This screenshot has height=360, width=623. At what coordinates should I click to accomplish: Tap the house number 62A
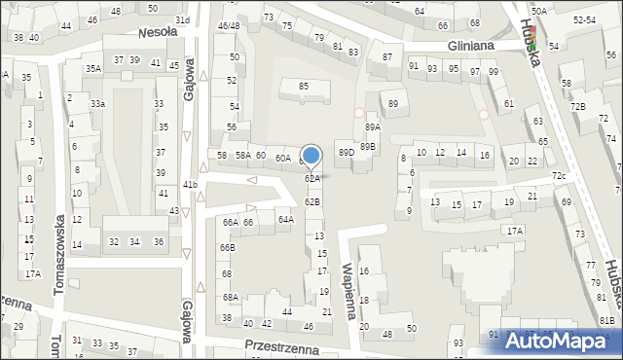pos(311,179)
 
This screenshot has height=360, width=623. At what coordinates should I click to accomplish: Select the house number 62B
pos(311,201)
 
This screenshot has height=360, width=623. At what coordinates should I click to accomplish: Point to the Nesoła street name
pos(157,31)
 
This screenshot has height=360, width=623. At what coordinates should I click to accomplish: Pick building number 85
pos(304,87)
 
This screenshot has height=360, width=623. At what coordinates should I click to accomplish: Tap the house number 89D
pos(346,153)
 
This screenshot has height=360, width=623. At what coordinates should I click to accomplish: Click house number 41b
pos(190,184)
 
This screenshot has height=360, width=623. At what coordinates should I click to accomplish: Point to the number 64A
pos(285,220)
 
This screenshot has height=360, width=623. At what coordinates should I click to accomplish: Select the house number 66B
pos(226,248)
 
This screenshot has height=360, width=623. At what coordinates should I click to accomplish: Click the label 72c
pos(559,175)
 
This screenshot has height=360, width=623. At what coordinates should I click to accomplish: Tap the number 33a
pos(97,103)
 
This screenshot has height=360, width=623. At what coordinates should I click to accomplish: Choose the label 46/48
pos(228,25)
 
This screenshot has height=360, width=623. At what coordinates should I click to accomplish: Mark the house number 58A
pos(242,156)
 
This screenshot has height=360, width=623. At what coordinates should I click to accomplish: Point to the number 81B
pos(606,320)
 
